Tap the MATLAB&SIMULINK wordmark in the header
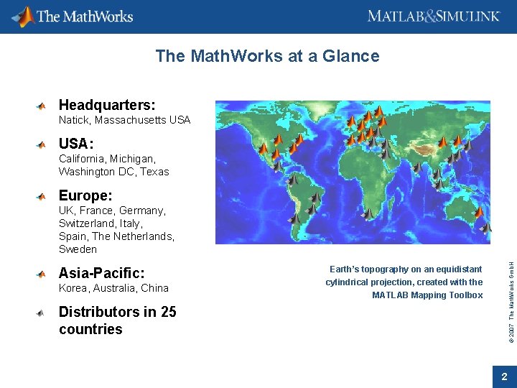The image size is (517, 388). pyautogui.click(x=434, y=16)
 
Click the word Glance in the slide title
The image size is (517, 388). pyautogui.click(x=351, y=56)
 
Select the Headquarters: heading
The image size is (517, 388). pyautogui.click(x=107, y=106)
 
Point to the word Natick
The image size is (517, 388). pyautogui.click(x=74, y=120)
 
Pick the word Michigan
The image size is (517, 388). pyautogui.click(x=133, y=158)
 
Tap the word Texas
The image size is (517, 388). pyautogui.click(x=154, y=172)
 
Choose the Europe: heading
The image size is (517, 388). pyautogui.click(x=85, y=195)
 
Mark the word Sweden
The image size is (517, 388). pyautogui.click(x=78, y=249)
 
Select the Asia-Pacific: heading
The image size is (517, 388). pyautogui.click(x=101, y=273)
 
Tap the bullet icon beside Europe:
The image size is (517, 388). pyautogui.click(x=42, y=196)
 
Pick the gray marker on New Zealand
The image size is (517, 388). pyautogui.click(x=486, y=227)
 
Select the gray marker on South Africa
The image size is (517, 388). pyautogui.click(x=368, y=213)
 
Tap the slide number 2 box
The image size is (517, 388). pyautogui.click(x=504, y=377)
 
